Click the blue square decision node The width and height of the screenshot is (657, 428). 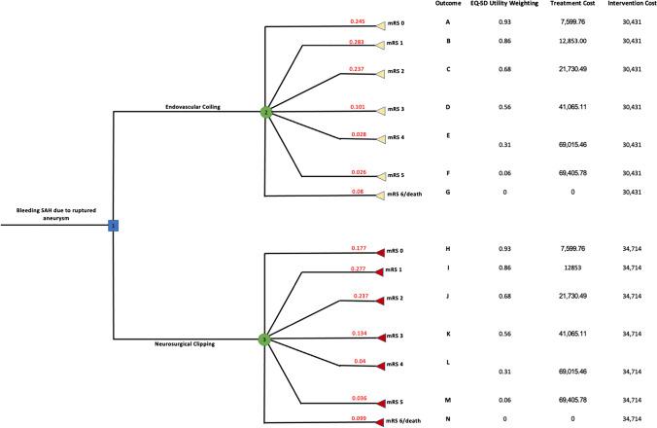[x=113, y=226]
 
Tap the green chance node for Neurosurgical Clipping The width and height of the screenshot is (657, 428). [x=264, y=339]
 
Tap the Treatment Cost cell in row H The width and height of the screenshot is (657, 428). [x=563, y=250]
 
